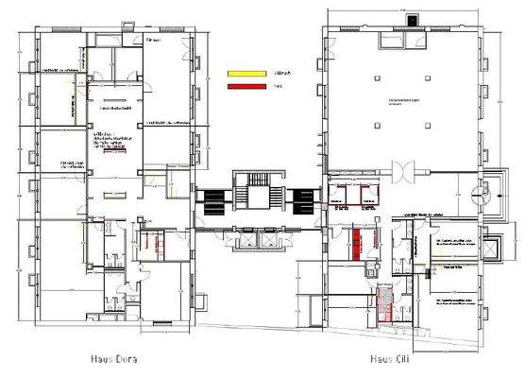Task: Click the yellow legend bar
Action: point(243,72)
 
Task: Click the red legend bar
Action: point(243,88)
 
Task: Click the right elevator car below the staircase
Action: point(270,238)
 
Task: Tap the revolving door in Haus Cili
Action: point(403,173)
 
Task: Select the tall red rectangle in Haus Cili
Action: point(358,243)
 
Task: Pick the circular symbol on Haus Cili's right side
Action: point(486,191)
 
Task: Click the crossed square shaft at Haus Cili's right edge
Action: point(490,249)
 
